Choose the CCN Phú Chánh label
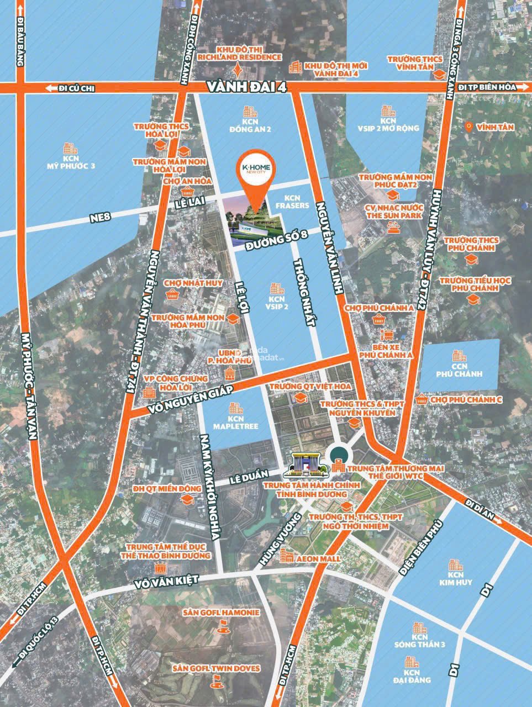[x=458, y=370]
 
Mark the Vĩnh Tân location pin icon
[x=468, y=126]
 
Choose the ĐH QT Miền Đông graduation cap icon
[x=187, y=499]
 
